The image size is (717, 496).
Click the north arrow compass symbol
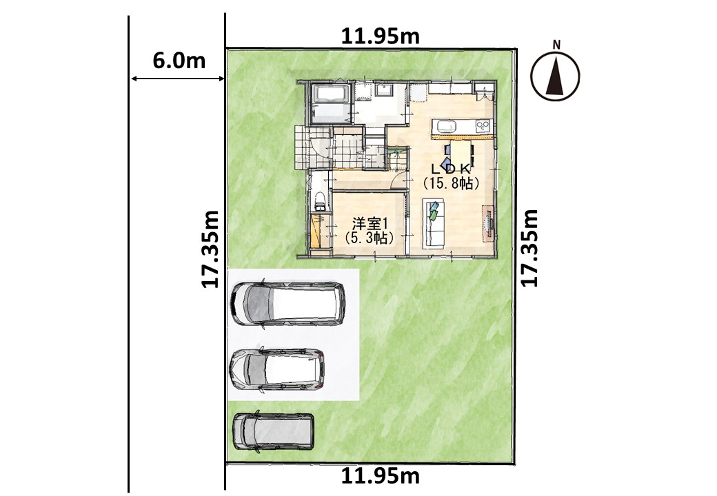[x=555, y=76]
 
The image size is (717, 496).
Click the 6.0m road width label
[x=179, y=60]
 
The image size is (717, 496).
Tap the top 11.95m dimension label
[x=381, y=36]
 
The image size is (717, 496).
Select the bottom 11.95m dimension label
[x=381, y=476]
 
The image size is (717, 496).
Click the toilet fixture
[x=320, y=200]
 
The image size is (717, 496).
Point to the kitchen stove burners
[x=483, y=126]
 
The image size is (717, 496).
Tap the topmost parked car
[x=288, y=304]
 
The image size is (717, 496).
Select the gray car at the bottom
[x=274, y=432]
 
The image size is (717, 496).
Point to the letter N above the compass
[x=556, y=44]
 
